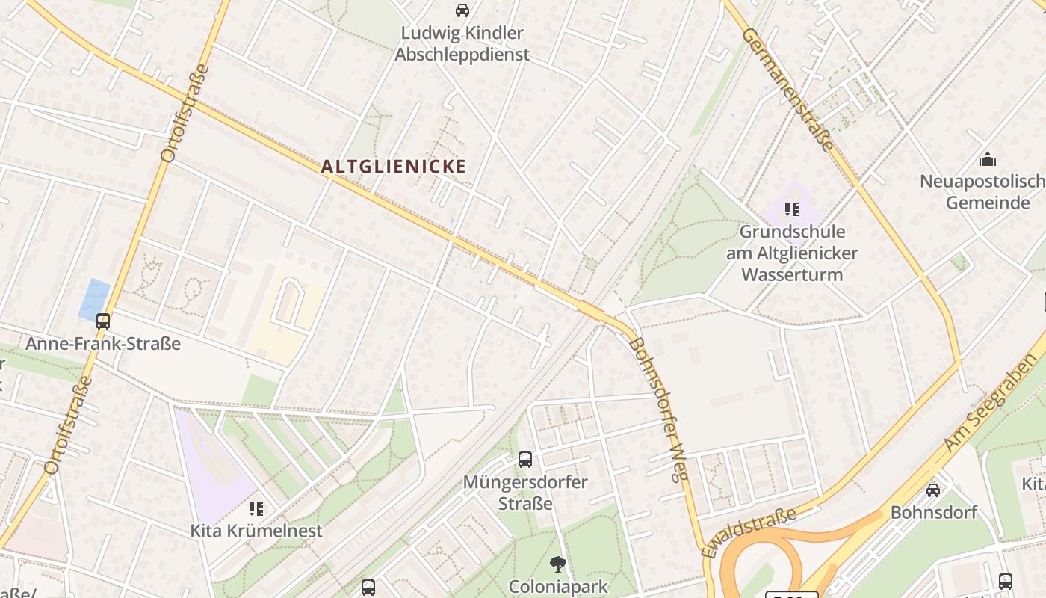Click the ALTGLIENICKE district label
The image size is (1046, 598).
[394, 167]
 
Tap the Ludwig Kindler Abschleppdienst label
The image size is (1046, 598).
[462, 44]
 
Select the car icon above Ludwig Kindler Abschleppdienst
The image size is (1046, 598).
[462, 10]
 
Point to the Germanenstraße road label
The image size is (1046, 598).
[788, 90]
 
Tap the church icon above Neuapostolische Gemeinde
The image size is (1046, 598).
[988, 159]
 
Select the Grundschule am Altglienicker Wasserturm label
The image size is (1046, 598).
[792, 253]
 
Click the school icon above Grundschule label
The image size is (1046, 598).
[792, 209]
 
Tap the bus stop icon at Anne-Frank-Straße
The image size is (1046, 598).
[103, 321]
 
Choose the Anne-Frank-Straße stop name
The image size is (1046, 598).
[103, 344]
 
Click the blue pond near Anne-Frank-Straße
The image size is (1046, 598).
[94, 300]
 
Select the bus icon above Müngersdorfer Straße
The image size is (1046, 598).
[525, 460]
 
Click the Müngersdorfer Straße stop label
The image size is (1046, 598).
[525, 492]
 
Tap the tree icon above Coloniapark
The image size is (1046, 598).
[557, 564]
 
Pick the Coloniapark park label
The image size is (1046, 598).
[557, 586]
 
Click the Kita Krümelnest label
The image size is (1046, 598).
[256, 531]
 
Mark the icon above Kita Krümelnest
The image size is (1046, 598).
[256, 509]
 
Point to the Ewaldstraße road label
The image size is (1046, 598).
[749, 531]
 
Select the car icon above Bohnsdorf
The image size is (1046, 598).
[933, 490]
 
